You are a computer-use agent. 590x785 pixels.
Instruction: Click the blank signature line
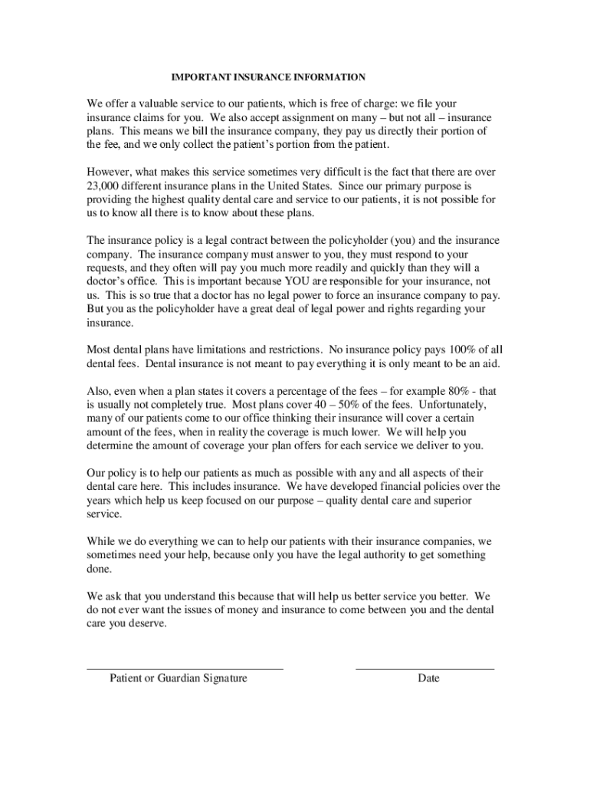coord(185,668)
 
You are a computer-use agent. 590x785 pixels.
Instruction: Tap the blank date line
coord(424,668)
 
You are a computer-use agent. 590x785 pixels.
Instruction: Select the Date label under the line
coord(428,678)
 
